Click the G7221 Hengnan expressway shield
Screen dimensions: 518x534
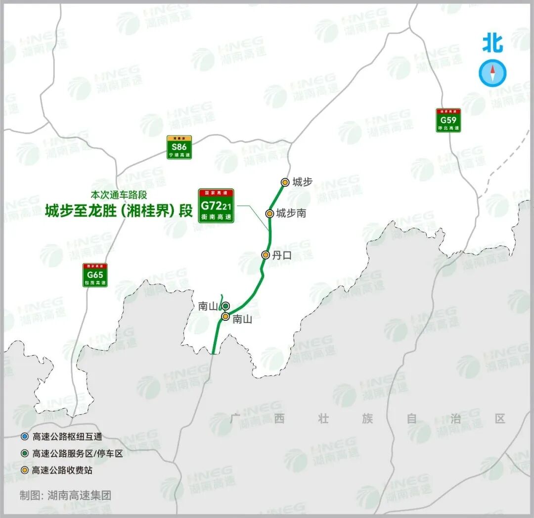[216, 206]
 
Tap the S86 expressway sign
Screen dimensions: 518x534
[179, 147]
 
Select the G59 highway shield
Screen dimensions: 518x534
[448, 120]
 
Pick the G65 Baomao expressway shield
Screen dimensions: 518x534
[95, 275]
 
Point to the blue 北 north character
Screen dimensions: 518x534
[492, 43]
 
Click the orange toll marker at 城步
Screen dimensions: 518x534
[285, 182]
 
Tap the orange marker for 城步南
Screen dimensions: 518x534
[269, 213]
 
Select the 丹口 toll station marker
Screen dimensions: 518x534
[266, 255]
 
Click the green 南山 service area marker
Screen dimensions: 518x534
[225, 306]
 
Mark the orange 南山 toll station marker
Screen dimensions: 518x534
[225, 316]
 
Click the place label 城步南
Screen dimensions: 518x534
[291, 213]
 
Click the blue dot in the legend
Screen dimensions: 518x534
[24, 437]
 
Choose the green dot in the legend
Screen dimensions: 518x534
[24, 453]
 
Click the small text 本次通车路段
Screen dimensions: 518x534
[119, 195]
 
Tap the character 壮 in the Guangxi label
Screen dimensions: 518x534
[323, 419]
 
